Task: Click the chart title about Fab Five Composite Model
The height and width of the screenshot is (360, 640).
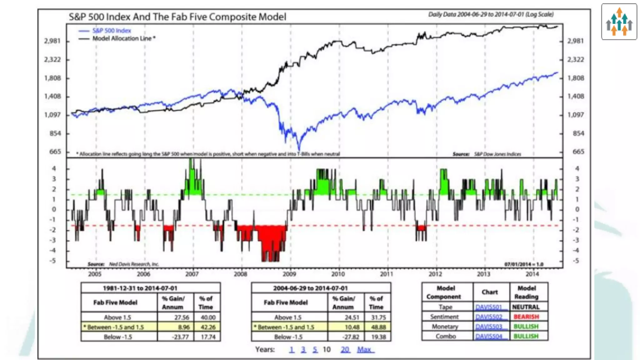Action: [x=177, y=17]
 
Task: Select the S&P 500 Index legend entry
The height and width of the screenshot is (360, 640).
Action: [x=111, y=31]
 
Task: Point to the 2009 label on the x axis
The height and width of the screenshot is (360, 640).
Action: [x=289, y=274]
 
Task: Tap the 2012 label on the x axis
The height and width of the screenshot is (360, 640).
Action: [x=435, y=274]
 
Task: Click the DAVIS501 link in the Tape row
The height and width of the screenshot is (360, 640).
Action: [x=489, y=307]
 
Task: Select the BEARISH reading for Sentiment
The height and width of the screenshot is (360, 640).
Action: [x=526, y=317]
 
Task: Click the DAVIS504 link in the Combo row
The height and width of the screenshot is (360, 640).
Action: [x=489, y=337]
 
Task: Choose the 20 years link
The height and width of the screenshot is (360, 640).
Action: [x=345, y=350]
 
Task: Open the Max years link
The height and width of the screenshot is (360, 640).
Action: [x=364, y=350]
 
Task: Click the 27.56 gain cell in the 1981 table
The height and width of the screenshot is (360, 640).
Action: [x=182, y=317]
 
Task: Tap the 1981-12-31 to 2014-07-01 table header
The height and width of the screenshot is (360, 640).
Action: [x=140, y=288]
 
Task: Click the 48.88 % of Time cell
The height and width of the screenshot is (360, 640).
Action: [x=378, y=327]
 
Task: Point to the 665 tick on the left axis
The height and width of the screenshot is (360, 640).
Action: [x=55, y=152]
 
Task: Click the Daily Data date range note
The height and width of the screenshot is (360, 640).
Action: [x=491, y=14]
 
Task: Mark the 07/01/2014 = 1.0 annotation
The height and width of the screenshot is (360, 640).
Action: [x=524, y=264]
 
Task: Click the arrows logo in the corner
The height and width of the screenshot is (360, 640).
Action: [x=619, y=22]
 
